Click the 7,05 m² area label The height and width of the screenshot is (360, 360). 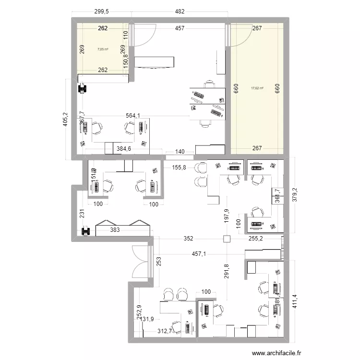[102, 49]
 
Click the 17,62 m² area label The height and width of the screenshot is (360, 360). [257, 88]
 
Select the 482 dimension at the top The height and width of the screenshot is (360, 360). [180, 11]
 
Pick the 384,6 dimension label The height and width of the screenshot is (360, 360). [126, 149]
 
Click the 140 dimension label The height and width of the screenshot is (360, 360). [180, 152]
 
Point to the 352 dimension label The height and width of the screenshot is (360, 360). [188, 239]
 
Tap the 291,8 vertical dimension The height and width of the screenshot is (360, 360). [227, 271]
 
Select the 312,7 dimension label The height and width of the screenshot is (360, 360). [167, 330]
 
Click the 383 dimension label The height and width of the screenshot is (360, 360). [116, 230]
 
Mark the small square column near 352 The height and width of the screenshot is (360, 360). [226, 239]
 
